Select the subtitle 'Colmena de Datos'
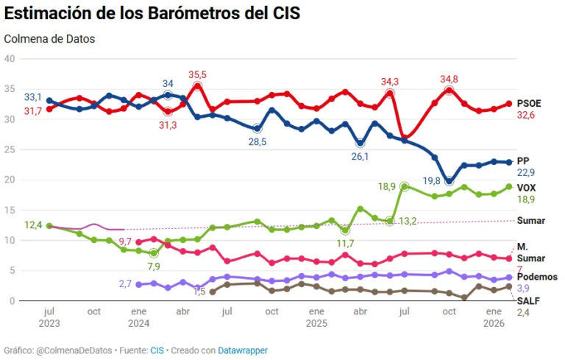(49, 38)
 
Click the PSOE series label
(530, 103)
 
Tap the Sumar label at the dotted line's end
(531, 220)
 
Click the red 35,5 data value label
(197, 74)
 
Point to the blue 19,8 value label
(430, 181)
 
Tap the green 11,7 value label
(345, 244)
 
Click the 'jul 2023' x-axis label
(49, 317)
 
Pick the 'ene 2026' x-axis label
(494, 317)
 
